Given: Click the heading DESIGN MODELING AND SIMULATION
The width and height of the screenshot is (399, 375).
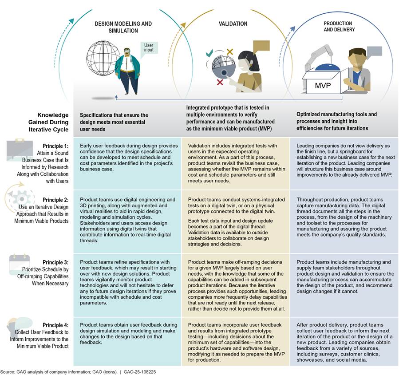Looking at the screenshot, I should click(x=117, y=27).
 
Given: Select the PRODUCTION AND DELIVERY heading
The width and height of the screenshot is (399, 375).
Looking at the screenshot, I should click(x=337, y=27).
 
